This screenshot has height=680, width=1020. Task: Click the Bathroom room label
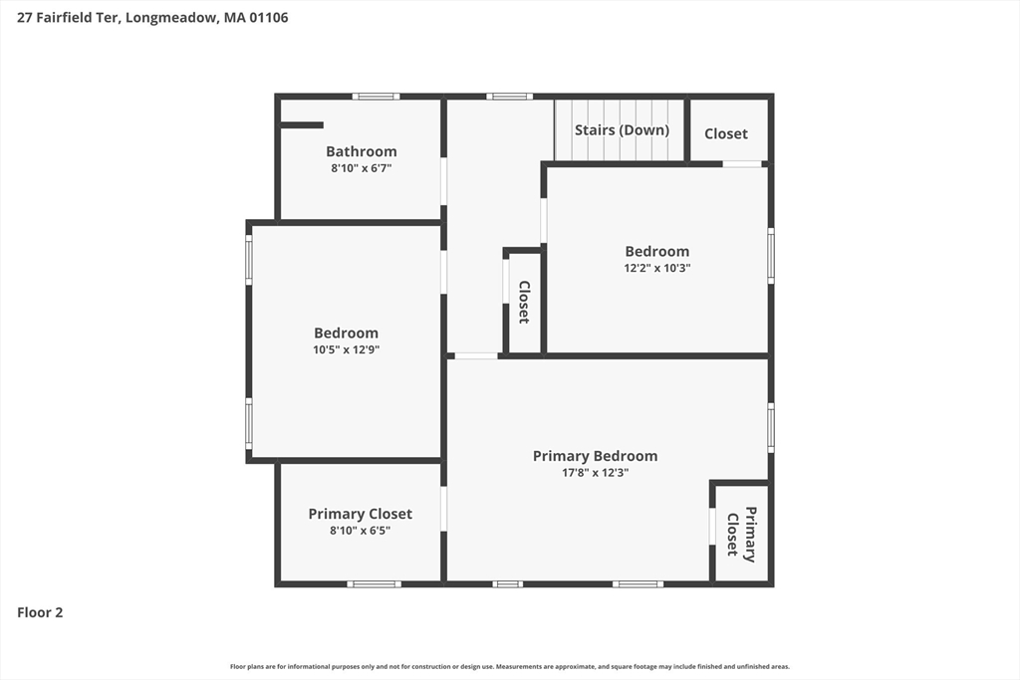(361, 151)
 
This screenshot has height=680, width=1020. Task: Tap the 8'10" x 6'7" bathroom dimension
(361, 168)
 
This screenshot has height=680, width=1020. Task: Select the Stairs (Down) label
(622, 130)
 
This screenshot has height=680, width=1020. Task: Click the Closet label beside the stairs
(726, 134)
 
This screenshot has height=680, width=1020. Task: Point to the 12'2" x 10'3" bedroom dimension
(657, 268)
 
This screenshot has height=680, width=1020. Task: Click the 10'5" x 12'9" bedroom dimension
(346, 349)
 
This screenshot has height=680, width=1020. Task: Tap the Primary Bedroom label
(596, 456)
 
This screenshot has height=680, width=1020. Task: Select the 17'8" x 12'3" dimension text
(596, 473)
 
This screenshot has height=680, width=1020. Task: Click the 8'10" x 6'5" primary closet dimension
(360, 531)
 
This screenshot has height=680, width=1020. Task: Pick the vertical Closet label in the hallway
(524, 303)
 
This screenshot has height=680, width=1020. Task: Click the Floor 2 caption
(40, 612)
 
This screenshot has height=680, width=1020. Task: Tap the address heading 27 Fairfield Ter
(68, 18)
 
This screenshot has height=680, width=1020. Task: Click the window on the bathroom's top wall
(376, 97)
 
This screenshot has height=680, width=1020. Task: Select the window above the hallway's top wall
(509, 97)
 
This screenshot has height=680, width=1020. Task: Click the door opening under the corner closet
(742, 164)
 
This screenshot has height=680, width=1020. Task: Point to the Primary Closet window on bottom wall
(375, 583)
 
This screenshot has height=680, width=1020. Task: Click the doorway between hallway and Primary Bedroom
(476, 356)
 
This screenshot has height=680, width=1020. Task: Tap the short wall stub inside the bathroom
(302, 125)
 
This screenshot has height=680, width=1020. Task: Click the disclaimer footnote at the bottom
(510, 666)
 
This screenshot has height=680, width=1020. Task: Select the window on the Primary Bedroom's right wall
(771, 428)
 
